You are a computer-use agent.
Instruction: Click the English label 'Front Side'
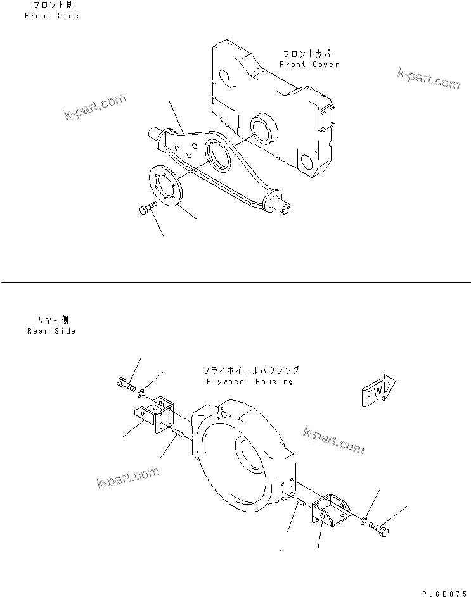coord(51,16)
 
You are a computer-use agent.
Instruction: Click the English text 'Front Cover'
coord(309,65)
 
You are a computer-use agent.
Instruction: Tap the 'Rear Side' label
coord(51,331)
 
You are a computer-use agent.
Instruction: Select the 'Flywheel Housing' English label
coord(249,382)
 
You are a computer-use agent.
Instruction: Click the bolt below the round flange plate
coord(145,209)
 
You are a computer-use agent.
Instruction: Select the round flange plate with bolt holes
coord(167,186)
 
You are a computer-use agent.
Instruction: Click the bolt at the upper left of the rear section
coord(125,383)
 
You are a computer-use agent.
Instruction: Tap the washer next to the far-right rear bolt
coord(362,520)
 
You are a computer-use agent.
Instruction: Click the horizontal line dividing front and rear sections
coord(235,282)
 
